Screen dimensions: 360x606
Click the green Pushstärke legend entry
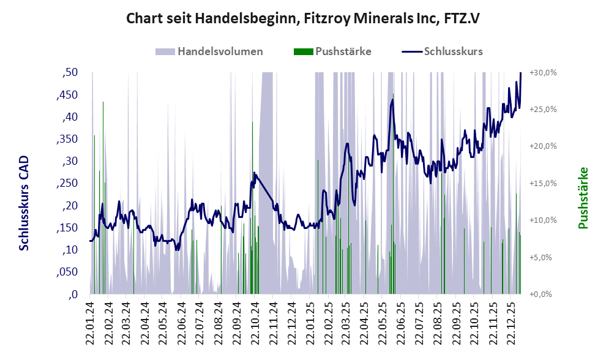click(x=333, y=51)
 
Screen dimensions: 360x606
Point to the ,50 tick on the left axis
click(x=70, y=73)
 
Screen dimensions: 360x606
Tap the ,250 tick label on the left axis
click(x=67, y=184)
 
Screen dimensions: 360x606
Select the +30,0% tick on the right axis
click(x=543, y=72)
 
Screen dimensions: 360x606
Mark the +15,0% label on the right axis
click(x=543, y=183)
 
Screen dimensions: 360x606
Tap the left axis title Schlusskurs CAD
click(x=24, y=203)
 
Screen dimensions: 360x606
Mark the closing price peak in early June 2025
click(x=392, y=99)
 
